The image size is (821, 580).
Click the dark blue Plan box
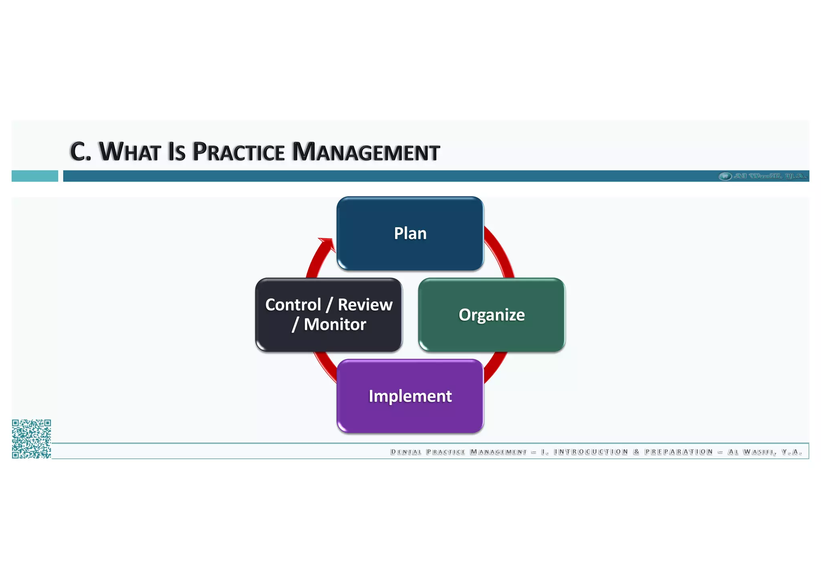click(x=410, y=233)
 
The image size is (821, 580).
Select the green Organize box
click(x=491, y=315)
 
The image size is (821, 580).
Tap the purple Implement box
click(x=410, y=396)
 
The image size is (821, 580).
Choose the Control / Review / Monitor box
click(x=329, y=315)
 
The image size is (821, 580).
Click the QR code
click(x=31, y=439)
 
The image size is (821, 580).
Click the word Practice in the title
click(x=239, y=152)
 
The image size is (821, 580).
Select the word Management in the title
click(x=366, y=152)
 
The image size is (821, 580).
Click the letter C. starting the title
click(x=80, y=152)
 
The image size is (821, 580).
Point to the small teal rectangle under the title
click(x=35, y=176)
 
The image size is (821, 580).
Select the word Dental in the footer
click(x=406, y=452)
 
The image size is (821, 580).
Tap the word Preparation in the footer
click(x=679, y=452)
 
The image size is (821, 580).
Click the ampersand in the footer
click(x=636, y=452)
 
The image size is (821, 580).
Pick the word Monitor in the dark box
click(x=335, y=325)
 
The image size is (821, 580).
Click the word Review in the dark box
click(x=365, y=305)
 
